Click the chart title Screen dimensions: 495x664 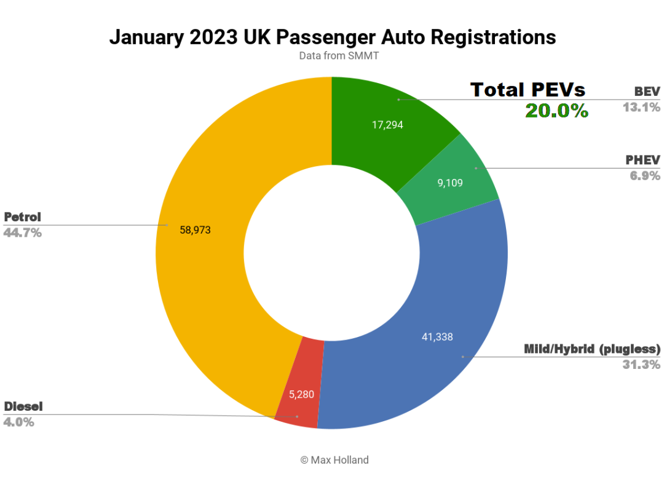point(332,37)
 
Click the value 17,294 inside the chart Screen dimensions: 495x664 point(388,124)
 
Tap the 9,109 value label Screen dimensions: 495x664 point(450,183)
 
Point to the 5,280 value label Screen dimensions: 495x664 point(302,394)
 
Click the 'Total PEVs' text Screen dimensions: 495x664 point(528,90)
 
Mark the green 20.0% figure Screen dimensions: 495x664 point(556,111)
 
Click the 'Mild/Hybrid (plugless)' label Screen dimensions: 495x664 point(591,349)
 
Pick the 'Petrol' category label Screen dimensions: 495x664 point(22,217)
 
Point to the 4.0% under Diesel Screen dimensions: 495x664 point(19,422)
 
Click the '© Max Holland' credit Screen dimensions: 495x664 point(334,460)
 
